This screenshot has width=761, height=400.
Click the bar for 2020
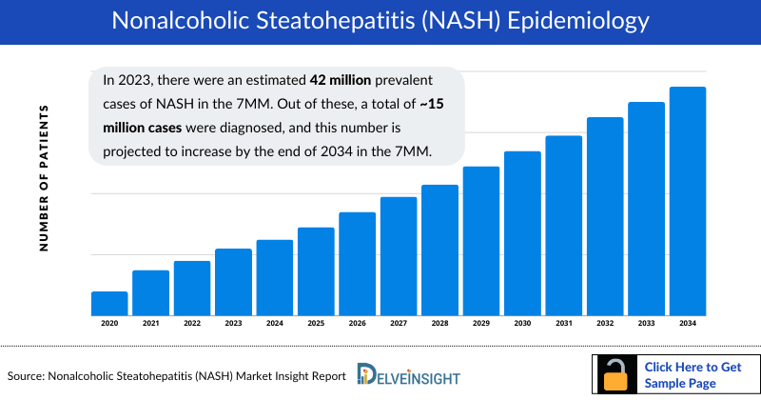(109, 303)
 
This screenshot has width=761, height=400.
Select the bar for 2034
(688, 201)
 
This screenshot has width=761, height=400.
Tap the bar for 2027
(399, 255)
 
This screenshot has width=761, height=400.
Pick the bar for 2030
(522, 232)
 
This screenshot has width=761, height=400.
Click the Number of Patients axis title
(44, 179)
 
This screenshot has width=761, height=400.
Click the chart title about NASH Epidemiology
(380, 21)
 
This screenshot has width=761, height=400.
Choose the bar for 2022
(192, 288)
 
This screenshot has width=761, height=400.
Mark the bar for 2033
(646, 209)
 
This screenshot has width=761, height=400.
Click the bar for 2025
(316, 271)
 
